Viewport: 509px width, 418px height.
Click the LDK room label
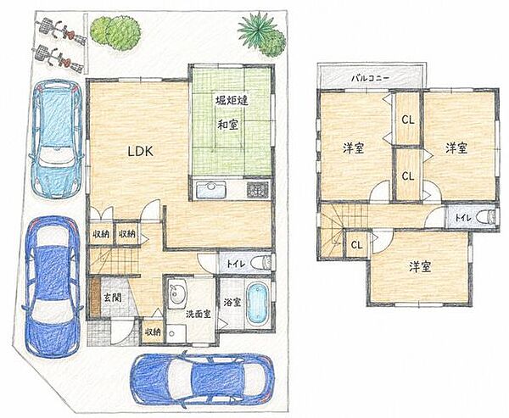(x=140, y=151)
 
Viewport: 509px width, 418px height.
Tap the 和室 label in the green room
(x=227, y=125)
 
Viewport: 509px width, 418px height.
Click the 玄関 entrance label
(x=113, y=298)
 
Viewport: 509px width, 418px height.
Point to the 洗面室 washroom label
(x=199, y=314)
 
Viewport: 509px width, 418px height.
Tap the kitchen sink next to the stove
(x=210, y=190)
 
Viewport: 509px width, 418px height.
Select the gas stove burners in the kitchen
(x=258, y=190)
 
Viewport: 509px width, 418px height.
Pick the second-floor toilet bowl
(x=486, y=217)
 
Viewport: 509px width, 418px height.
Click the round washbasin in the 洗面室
(x=177, y=293)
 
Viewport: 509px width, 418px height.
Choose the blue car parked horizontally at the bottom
(x=204, y=379)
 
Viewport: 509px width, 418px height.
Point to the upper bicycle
(x=61, y=31)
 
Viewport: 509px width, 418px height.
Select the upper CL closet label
(x=408, y=120)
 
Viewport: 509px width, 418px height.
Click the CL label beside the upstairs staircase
(x=357, y=245)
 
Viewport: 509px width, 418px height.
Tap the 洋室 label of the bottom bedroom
(x=420, y=267)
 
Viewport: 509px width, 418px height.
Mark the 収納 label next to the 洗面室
(x=153, y=332)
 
